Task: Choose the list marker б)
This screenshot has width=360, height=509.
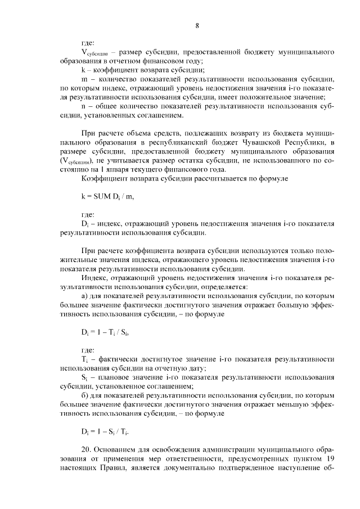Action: (85, 395)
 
